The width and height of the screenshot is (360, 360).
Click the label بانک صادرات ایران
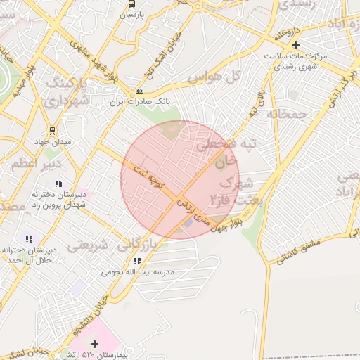[x=139, y=103]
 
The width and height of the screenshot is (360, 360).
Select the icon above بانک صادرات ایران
[x=139, y=91]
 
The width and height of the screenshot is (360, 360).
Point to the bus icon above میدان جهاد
[x=52, y=131]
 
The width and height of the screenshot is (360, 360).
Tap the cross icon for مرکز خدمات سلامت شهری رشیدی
[x=295, y=45]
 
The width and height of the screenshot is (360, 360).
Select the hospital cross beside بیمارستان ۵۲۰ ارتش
[x=95, y=344]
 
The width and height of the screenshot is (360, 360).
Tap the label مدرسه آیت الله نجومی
[x=138, y=271]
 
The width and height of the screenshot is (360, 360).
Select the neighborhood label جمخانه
[x=288, y=112]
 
